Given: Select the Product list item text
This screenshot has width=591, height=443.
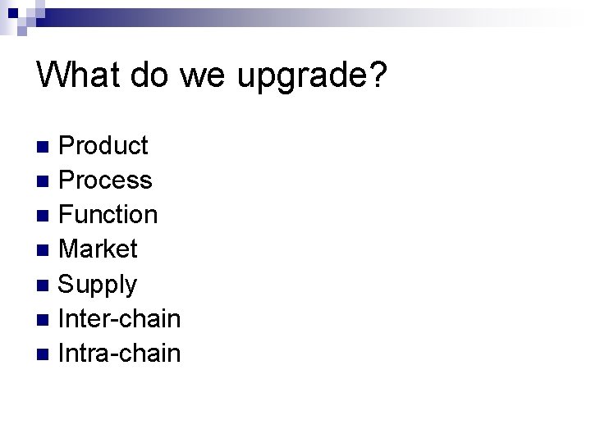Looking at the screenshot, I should pyautogui.click(x=104, y=146).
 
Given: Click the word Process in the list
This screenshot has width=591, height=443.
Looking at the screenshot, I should pyautogui.click(x=106, y=180).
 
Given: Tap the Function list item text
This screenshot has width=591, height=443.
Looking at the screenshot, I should pyautogui.click(x=109, y=215).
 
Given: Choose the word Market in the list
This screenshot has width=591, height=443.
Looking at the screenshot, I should pyautogui.click(x=99, y=249).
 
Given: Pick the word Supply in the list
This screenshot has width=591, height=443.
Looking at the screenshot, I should pyautogui.click(x=98, y=285).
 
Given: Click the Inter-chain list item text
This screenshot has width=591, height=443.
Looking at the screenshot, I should pyautogui.click(x=121, y=318).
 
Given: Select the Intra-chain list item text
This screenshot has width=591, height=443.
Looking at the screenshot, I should pyautogui.click(x=121, y=353).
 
